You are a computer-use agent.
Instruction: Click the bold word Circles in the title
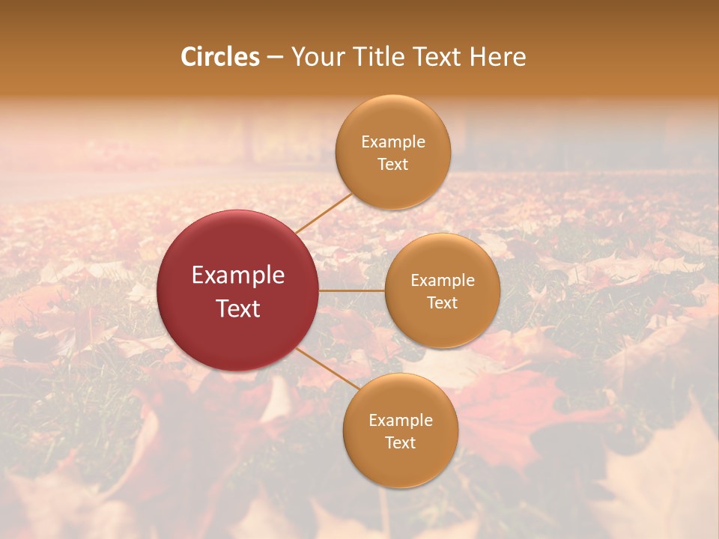(220, 57)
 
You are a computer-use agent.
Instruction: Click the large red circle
(238, 247)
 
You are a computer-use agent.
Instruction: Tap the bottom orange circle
(400, 464)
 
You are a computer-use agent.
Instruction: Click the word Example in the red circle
(238, 275)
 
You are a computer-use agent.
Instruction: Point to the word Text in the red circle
(238, 308)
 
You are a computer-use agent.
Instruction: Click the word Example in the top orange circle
(393, 142)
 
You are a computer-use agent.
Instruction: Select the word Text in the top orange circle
(393, 165)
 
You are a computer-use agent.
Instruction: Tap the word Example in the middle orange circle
(443, 281)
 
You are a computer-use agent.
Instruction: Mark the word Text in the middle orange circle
(443, 303)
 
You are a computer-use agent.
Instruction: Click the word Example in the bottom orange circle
(400, 421)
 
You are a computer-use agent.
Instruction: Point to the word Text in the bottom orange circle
(400, 443)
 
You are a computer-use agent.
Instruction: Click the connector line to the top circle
(324, 213)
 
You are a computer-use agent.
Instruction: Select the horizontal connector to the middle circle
(352, 290)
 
